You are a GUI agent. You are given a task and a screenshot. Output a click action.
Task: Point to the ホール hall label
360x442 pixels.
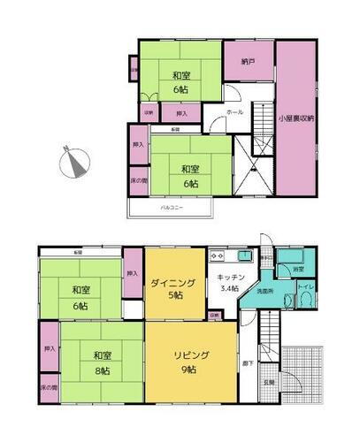pos(234,113)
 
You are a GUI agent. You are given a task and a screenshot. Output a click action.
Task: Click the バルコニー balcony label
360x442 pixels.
pos(172,207)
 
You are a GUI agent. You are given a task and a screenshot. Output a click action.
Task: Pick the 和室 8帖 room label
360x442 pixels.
pos(100,362)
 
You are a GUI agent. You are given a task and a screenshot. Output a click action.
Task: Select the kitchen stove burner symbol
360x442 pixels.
pos(218,256)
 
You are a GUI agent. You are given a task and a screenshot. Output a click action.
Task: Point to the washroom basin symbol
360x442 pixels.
pos(286,301)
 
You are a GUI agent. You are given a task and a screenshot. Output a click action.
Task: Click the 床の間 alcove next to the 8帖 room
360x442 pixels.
pos(49,386)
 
